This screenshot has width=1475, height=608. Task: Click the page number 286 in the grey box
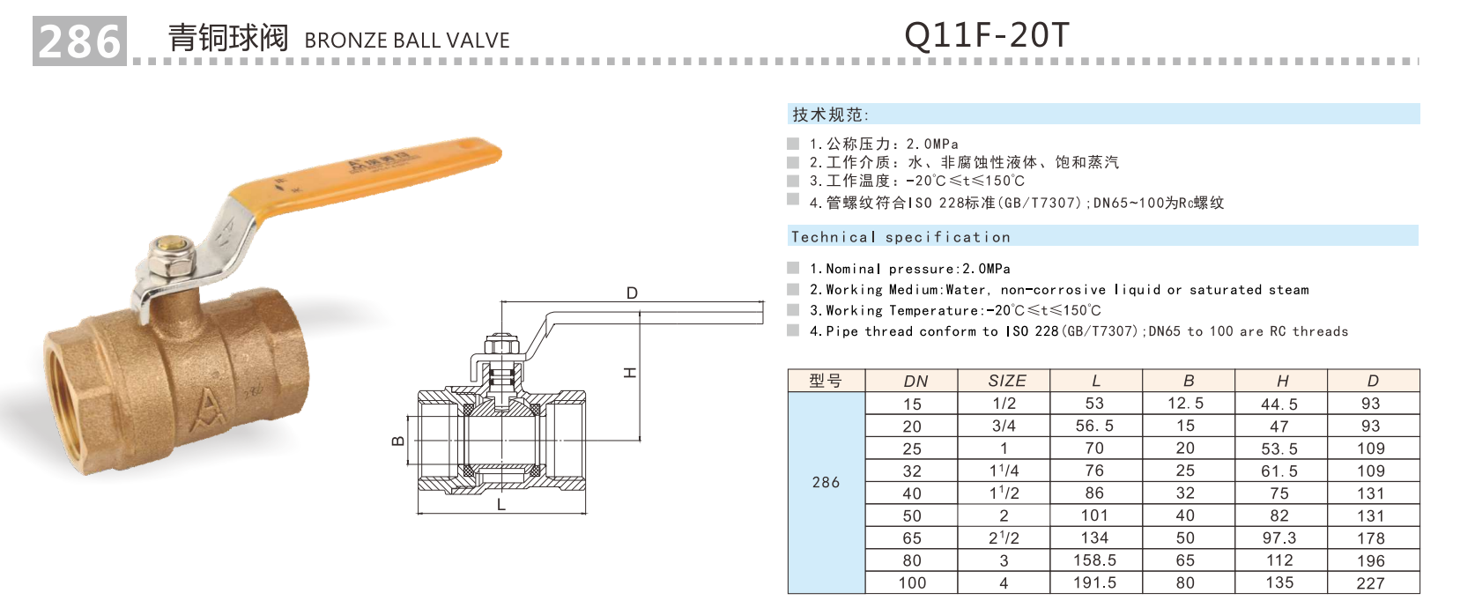point(79,41)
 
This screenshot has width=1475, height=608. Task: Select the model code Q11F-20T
point(986,35)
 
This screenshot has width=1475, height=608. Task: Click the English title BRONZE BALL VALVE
point(406,41)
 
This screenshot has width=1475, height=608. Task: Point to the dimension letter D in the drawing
point(632,293)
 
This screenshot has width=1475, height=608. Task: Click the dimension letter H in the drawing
point(630,373)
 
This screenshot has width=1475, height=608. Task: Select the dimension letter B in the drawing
point(398,441)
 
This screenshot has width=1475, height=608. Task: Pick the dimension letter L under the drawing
point(501,506)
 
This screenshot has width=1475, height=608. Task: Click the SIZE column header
point(1006,381)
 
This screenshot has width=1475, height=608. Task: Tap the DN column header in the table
point(915,381)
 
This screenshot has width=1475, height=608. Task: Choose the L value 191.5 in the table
point(1094,582)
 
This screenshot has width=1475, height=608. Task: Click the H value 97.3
point(1279,538)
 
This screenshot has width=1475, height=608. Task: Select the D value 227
point(1370,583)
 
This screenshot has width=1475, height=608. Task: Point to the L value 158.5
point(1094,560)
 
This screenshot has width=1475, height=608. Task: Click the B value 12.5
point(1185,404)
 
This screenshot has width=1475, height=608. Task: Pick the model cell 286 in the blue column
point(826,482)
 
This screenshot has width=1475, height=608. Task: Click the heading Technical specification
point(901,237)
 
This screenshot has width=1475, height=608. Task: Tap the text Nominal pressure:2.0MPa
point(909,269)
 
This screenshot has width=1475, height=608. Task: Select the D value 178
point(1370,538)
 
